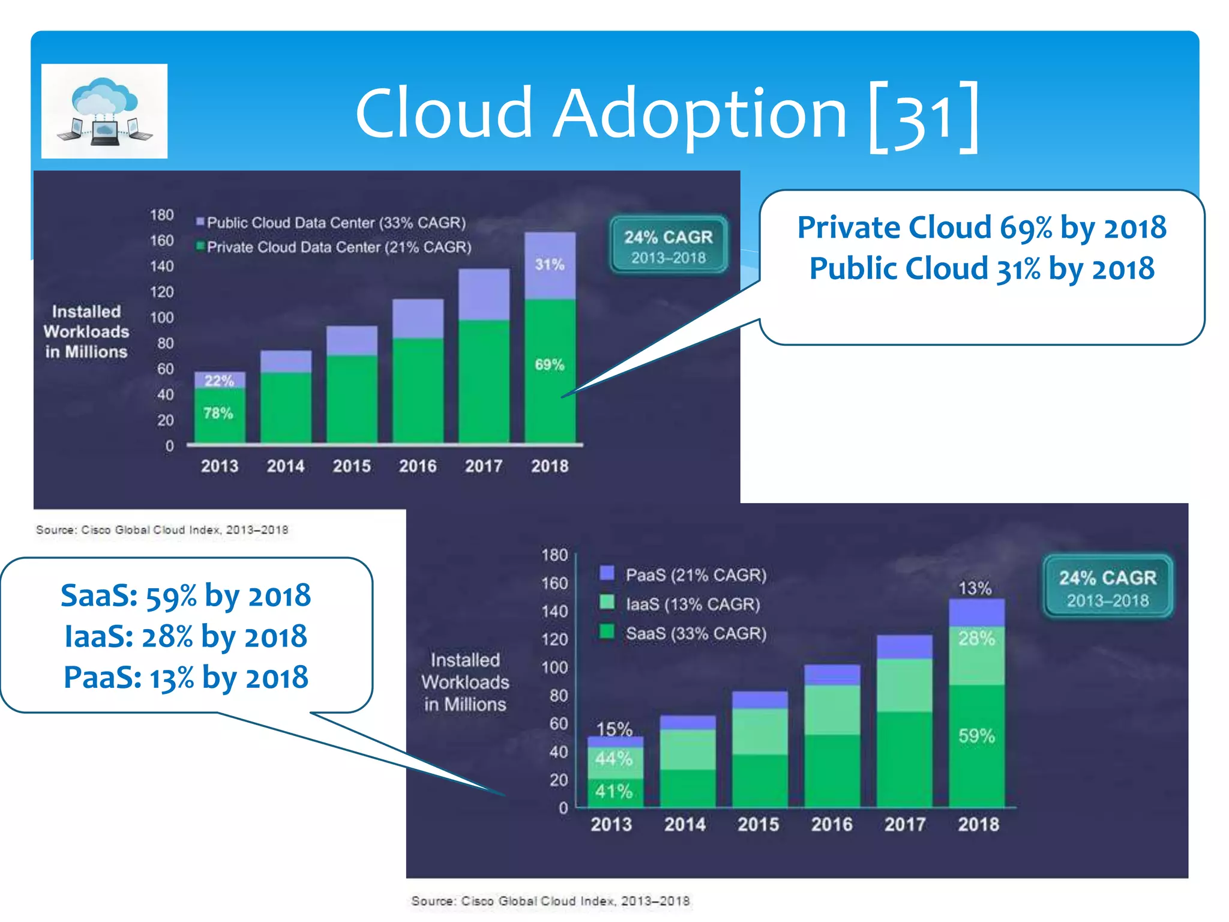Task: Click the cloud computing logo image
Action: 104,111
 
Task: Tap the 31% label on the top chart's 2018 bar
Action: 550,264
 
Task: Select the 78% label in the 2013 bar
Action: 218,413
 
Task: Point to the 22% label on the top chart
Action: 219,381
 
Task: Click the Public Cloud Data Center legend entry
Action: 331,223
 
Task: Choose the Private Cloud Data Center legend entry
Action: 334,247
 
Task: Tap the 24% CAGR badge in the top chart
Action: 668,246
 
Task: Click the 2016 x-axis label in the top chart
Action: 418,466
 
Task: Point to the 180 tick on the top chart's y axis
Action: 161,215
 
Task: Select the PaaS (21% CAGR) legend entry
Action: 684,574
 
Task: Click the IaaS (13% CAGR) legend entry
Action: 681,604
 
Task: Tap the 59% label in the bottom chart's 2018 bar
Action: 976,735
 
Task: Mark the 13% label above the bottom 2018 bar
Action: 975,588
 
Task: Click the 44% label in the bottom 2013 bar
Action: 614,759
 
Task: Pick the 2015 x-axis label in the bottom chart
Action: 758,824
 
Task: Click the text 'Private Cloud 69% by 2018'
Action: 982,227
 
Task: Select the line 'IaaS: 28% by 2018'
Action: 186,636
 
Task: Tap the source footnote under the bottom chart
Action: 550,900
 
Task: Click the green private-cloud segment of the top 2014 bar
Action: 286,407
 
